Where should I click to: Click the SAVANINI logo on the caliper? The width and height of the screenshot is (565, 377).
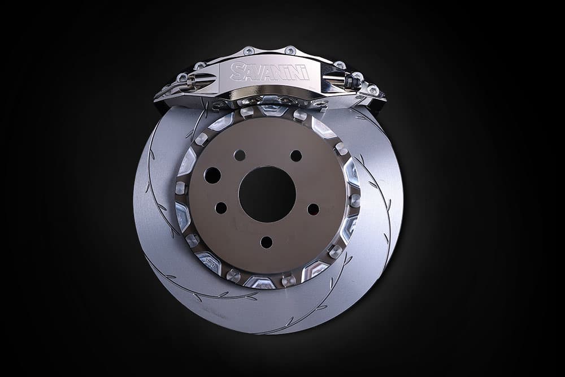(x=270, y=71)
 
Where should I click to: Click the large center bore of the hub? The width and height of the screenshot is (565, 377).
(x=267, y=194)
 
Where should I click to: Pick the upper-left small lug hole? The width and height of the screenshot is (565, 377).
(x=239, y=155)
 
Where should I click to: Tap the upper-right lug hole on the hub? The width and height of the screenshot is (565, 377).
(x=296, y=155)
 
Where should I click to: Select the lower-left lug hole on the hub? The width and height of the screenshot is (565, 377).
(x=221, y=208)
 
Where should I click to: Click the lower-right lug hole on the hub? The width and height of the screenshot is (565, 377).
(x=313, y=209)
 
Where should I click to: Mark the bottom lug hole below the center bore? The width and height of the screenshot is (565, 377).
(x=267, y=242)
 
